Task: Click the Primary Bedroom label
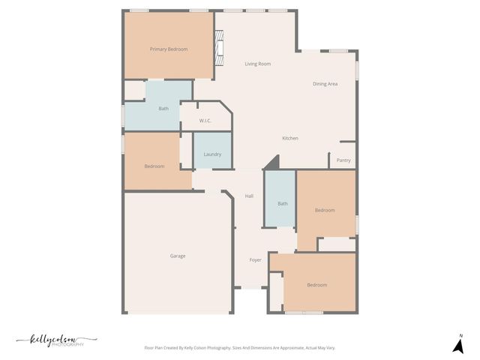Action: pos(169,49)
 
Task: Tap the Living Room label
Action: pos(257,64)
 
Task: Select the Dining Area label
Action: pos(325,84)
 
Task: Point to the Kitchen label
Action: pos(290,139)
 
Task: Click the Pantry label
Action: pos(343,160)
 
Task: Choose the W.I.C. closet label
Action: pos(205,121)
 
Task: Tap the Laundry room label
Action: pos(212,154)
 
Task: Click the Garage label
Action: pos(178,256)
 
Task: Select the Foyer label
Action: pos(256,260)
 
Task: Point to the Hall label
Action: pos(249,196)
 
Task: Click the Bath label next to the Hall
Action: pos(283,204)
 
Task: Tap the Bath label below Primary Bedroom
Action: pos(163,109)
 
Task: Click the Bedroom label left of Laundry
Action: pos(154,166)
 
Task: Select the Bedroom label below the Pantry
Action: pos(325,211)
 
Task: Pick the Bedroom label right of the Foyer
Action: pos(316,285)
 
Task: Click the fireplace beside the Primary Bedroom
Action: pos(219,50)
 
